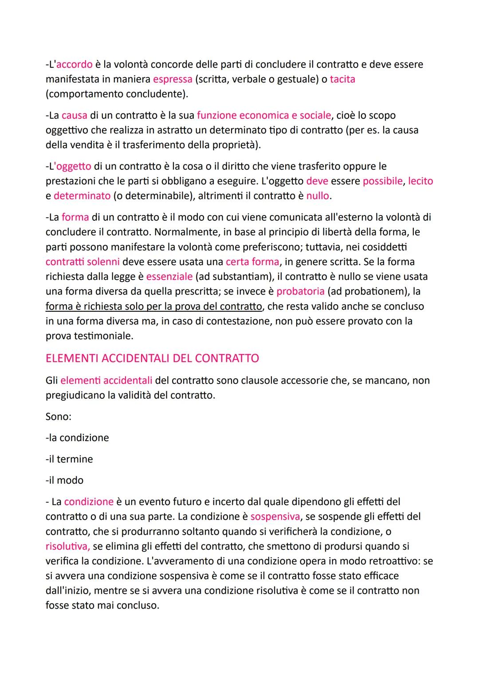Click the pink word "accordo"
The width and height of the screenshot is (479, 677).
tap(74, 64)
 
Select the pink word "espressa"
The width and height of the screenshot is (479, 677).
tap(173, 79)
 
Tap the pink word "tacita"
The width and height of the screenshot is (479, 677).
tap(342, 79)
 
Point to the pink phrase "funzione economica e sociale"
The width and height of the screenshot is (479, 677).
tap(264, 115)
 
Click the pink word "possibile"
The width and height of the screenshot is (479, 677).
tap(383, 181)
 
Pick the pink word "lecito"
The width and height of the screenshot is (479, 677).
tap(420, 181)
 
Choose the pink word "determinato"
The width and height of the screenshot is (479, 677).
tap(82, 196)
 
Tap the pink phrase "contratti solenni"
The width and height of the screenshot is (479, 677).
tap(82, 262)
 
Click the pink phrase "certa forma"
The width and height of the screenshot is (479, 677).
tap(252, 262)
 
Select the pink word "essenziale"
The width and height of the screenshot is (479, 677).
tap(169, 277)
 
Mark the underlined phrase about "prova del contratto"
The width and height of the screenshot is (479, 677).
tap(154, 306)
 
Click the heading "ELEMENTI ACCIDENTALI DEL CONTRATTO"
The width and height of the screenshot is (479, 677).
tap(152, 358)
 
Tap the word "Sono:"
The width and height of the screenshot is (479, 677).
tap(59, 416)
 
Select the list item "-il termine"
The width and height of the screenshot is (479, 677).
tap(69, 459)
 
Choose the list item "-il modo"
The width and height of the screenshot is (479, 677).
tap(64, 480)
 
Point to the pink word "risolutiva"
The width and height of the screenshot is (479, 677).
tap(67, 546)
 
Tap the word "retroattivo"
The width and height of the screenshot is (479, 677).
tap(394, 561)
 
